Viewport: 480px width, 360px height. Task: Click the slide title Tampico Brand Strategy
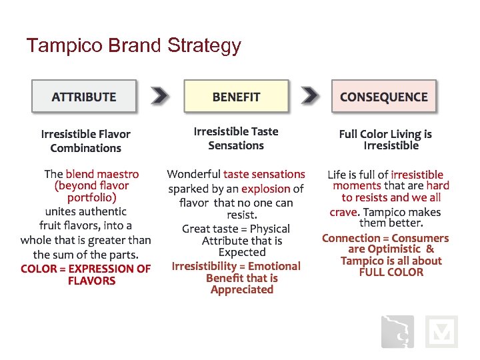coord(133,45)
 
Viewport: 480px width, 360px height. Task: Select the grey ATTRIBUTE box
coord(84,97)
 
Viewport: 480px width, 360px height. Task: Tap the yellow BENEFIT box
coord(236,97)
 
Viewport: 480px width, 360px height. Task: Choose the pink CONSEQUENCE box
coord(383,97)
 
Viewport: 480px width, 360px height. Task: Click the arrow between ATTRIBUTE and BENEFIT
coord(160,96)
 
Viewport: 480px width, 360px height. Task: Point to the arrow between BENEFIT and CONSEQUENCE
coord(310,96)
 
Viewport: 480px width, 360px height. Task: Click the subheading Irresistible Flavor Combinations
coord(85,141)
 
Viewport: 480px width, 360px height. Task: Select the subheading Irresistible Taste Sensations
coord(236,139)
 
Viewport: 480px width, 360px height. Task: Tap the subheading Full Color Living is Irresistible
coord(385,140)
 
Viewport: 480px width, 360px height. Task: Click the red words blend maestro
coord(102,174)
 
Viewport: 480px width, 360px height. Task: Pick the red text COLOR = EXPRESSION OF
coord(85,269)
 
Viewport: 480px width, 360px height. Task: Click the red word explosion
coord(265,189)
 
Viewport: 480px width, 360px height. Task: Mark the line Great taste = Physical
coord(236,229)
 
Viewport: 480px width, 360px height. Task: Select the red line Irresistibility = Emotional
coord(236,266)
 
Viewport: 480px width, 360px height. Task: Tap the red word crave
coord(343,212)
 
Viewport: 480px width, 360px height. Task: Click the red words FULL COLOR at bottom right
coord(391,272)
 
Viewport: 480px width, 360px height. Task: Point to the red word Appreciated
coord(242,289)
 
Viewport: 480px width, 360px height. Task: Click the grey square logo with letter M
coord(441,331)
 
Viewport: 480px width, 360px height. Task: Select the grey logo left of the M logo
coord(397,331)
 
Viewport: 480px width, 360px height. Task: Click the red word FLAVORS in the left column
coord(91,281)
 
